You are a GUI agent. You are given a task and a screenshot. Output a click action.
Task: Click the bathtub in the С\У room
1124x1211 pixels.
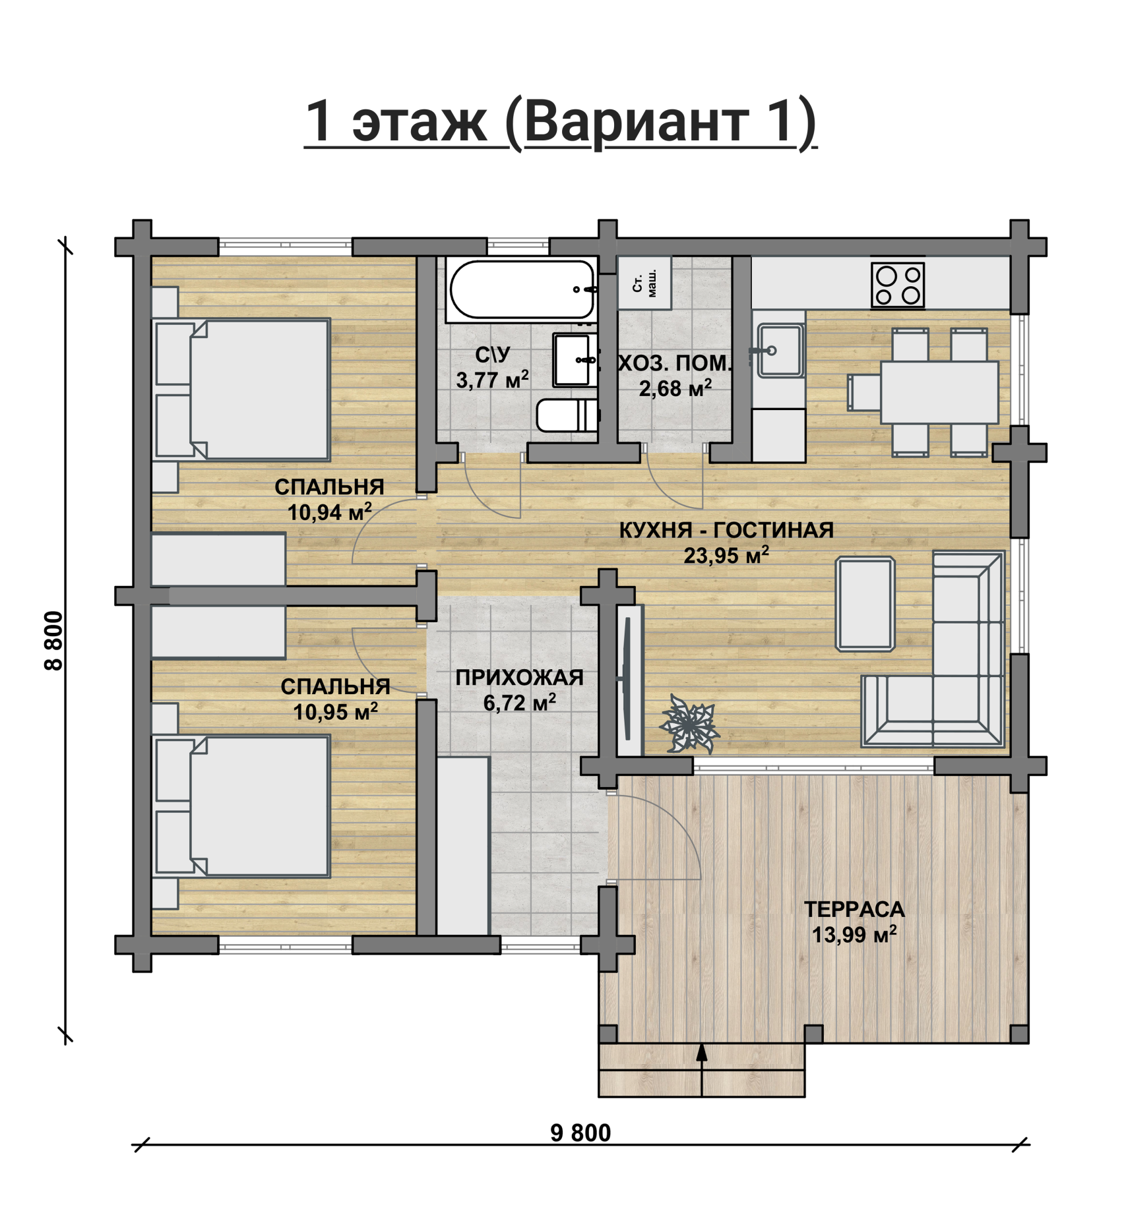[522, 290]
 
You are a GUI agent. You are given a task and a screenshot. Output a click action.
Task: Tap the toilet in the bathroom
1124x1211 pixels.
[567, 415]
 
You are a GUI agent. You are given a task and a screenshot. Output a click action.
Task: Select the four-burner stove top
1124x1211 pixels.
[898, 285]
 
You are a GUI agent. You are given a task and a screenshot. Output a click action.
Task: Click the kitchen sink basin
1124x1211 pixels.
[780, 350]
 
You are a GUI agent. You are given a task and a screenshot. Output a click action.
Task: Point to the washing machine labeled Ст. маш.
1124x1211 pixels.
[644, 283]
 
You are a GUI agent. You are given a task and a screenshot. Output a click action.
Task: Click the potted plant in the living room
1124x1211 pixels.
[689, 723]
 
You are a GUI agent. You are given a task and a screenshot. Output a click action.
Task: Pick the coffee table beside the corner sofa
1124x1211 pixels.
[865, 604]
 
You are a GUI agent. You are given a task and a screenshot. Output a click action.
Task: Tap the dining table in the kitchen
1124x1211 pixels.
[939, 392]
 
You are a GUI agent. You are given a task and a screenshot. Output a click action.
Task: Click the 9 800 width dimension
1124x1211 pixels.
[580, 1133]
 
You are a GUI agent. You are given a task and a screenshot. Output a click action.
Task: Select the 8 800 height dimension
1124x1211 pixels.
[53, 641]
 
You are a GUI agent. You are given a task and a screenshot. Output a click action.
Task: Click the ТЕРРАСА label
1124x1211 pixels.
[854, 910]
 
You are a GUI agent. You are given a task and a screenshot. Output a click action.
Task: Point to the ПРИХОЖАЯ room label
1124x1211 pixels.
[519, 678]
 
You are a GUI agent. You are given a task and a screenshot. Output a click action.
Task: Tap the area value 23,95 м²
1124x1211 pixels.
[726, 555]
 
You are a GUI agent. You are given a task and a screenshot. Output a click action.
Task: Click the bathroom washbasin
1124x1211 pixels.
[573, 360]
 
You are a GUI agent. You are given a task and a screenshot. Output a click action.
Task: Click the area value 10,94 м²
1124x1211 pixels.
[329, 512]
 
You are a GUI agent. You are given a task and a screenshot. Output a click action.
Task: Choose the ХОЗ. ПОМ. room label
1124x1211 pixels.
[675, 363]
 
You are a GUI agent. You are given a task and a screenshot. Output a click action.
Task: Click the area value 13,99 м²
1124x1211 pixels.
[854, 935]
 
